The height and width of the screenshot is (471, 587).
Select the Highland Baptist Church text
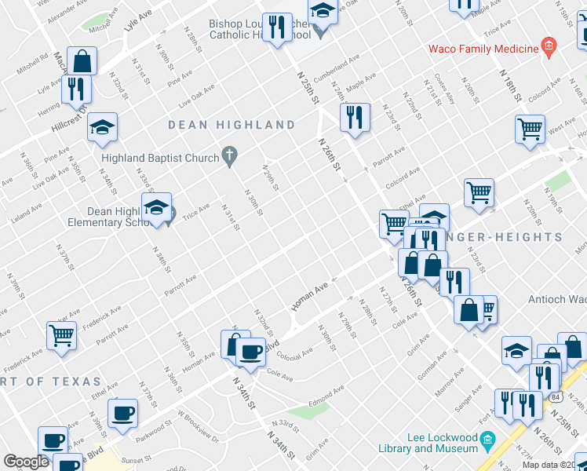coord(160,158)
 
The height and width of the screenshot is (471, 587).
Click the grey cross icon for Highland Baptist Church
coord(230,157)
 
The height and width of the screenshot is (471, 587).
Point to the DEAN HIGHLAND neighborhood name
coord(232,125)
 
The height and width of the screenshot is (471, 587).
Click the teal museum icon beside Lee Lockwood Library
coord(488,443)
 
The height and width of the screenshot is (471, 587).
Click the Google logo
coord(26,462)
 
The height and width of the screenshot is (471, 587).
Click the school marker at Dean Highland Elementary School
coord(157,208)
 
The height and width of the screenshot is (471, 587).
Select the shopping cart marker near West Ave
coord(530,129)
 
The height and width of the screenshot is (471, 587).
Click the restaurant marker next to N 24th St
coord(355,118)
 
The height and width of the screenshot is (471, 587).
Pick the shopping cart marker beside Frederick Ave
coord(61,336)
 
